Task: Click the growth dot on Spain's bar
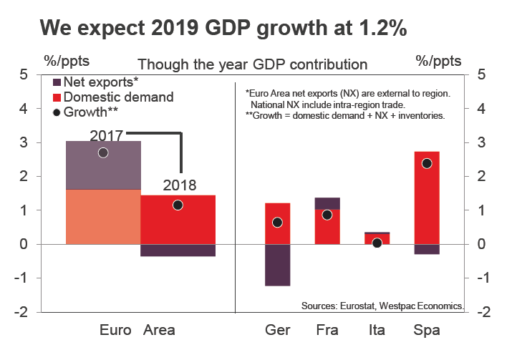(x=427, y=163)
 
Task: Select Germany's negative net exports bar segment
(x=277, y=265)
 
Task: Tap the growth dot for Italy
(x=377, y=243)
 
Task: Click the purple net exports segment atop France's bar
(x=327, y=203)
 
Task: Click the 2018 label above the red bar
(x=179, y=185)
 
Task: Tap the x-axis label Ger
(x=277, y=331)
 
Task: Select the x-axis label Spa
(x=427, y=331)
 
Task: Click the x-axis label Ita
(x=377, y=331)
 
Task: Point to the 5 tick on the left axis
(x=24, y=74)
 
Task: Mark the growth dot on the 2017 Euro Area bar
(x=103, y=152)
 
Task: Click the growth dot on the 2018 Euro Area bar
(x=178, y=205)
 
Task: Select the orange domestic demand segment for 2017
(x=103, y=217)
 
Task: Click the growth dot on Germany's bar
(x=277, y=223)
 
